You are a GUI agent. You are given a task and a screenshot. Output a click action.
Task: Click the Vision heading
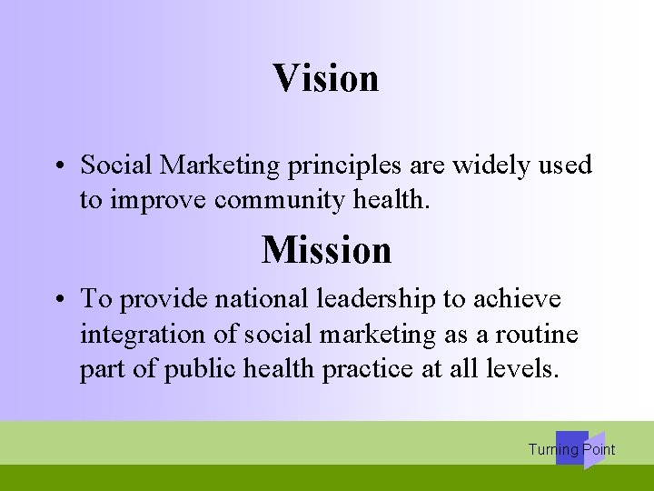pyautogui.click(x=325, y=78)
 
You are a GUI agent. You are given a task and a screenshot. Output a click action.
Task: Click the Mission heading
pyautogui.click(x=326, y=249)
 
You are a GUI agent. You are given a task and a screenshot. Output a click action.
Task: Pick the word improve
pyautogui.click(x=158, y=200)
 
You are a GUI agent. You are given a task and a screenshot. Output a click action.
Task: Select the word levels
pyautogui.click(x=531, y=370)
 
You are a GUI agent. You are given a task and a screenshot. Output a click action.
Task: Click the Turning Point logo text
pyautogui.click(x=571, y=449)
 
